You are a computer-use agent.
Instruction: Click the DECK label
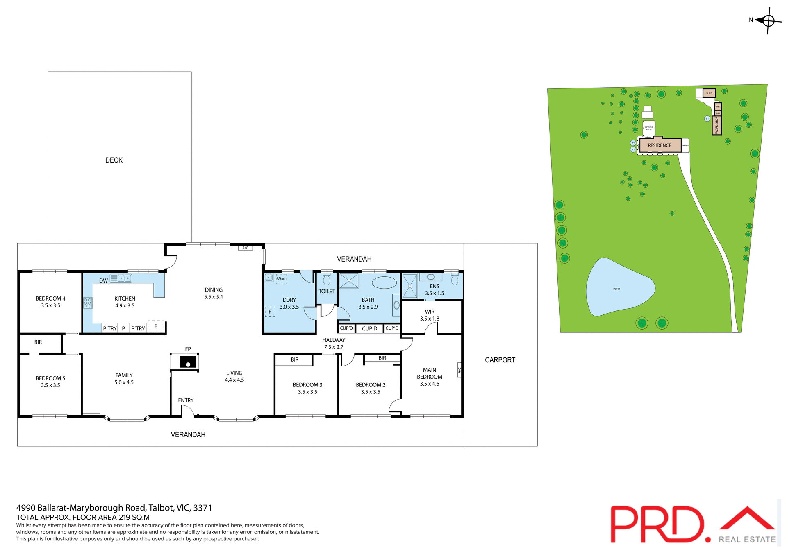(x=114, y=160)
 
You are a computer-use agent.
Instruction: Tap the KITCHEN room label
(x=125, y=299)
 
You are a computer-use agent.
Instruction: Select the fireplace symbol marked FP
(x=188, y=362)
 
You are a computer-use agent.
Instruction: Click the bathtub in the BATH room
(x=384, y=283)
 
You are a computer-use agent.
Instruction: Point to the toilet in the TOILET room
(x=327, y=279)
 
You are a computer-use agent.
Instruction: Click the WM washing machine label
(x=281, y=279)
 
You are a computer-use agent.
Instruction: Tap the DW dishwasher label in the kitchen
(x=103, y=281)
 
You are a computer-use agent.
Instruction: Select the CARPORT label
(x=500, y=360)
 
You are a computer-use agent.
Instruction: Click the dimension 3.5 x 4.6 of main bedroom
(x=429, y=384)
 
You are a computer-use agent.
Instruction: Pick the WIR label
(x=430, y=312)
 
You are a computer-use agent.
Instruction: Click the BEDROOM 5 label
(x=50, y=378)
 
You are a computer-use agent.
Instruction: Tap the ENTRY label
(x=186, y=400)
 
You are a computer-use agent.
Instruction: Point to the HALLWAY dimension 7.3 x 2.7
(x=334, y=347)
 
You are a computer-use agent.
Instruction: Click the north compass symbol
(x=768, y=20)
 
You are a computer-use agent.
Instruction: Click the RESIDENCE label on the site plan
(x=659, y=145)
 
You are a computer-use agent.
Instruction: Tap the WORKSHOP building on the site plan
(x=716, y=125)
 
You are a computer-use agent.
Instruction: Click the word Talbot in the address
(x=161, y=508)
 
